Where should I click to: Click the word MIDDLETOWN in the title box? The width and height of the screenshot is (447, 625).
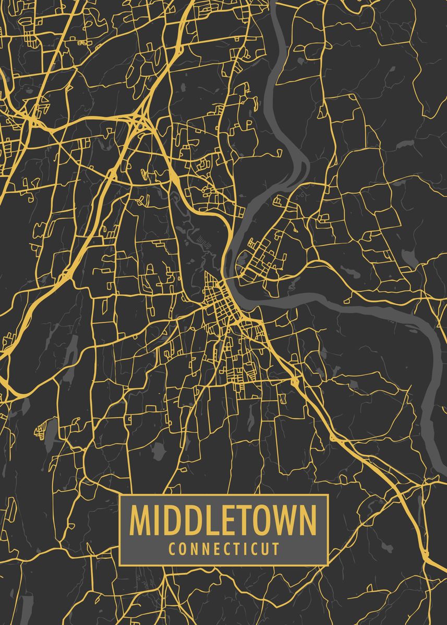tap(223, 520)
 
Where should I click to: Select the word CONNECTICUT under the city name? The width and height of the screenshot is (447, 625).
tap(223, 548)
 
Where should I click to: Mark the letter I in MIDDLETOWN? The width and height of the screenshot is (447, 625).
tap(156, 520)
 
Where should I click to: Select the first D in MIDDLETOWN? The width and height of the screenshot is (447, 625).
tap(171, 520)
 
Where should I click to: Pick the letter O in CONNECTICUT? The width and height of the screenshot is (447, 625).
tap(183, 548)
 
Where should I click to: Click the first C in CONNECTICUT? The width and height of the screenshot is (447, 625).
tap(172, 548)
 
